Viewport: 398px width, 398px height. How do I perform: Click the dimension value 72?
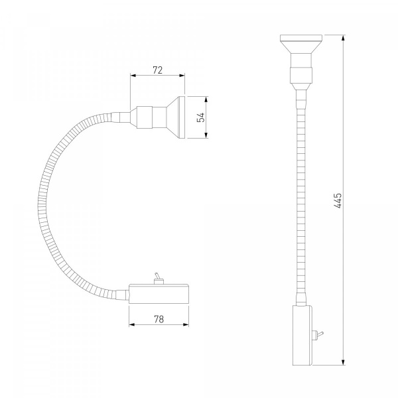coord(157,70)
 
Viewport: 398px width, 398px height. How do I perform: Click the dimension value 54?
coord(201,117)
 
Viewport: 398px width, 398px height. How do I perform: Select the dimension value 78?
coord(159,319)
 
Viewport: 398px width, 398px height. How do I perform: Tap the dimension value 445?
coord(338,200)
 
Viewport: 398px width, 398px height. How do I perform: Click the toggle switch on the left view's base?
coord(158,279)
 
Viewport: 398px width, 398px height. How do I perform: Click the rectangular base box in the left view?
coord(159,294)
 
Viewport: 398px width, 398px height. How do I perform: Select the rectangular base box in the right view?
coord(302,335)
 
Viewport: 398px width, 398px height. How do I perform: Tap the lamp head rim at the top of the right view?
coord(301,38)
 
